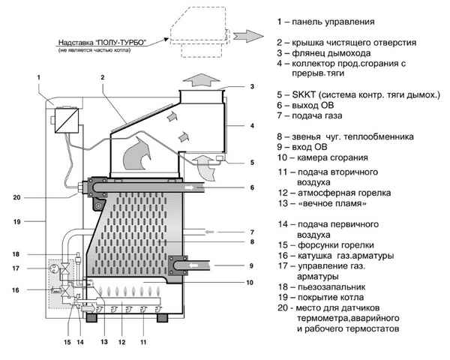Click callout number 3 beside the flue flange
point(252,87)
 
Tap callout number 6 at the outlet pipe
point(253,187)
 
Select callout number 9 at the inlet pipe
point(253,265)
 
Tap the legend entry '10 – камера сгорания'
point(322,158)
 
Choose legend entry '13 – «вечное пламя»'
point(322,204)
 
